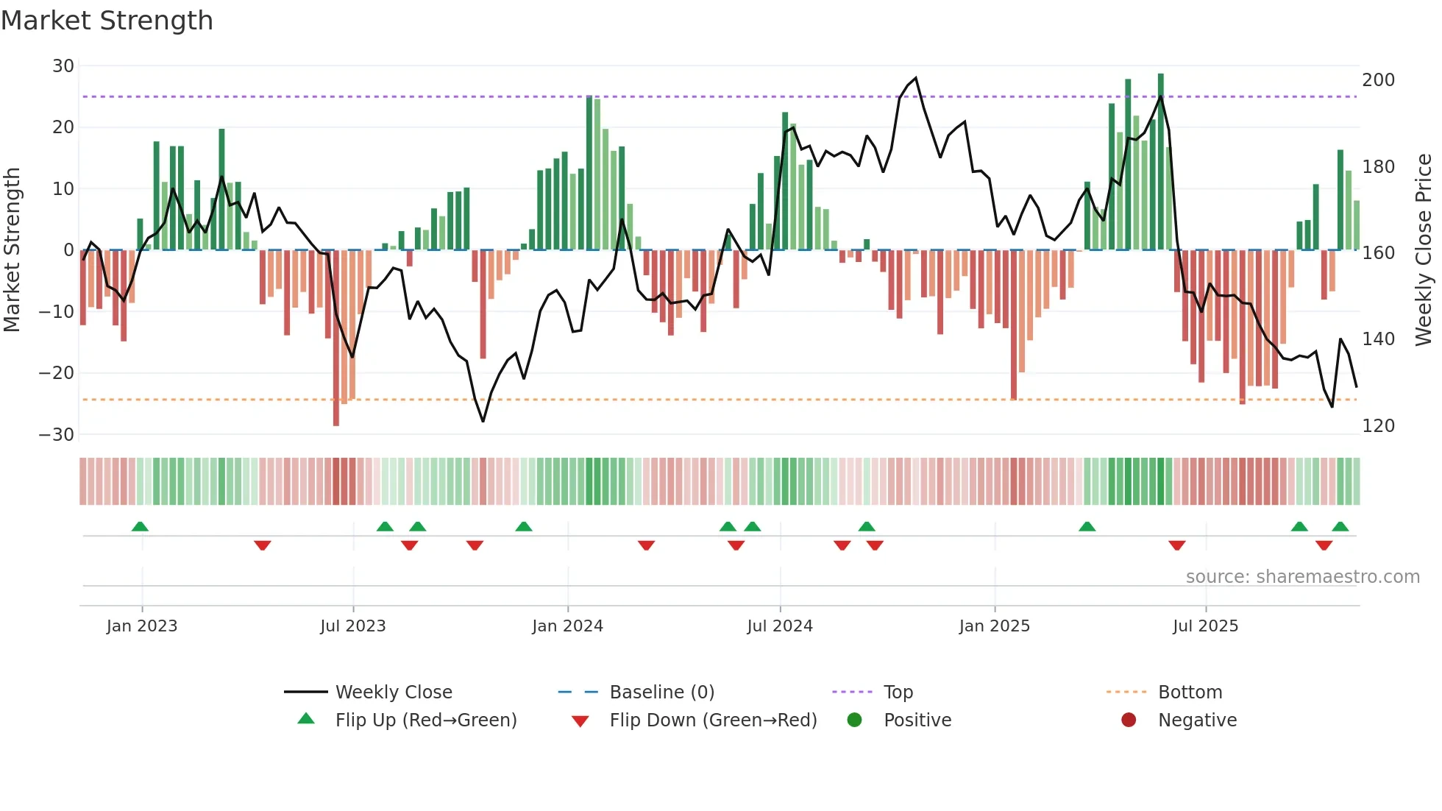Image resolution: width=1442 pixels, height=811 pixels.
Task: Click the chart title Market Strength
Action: click(x=107, y=21)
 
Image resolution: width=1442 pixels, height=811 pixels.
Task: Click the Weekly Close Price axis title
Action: click(x=1424, y=249)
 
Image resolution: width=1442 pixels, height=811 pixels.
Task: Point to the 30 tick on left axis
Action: click(x=63, y=66)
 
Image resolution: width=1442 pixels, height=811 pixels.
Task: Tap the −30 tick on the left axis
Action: click(x=57, y=434)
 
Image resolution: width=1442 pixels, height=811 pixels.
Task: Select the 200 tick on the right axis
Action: click(x=1378, y=79)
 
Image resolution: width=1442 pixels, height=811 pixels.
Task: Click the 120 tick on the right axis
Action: click(x=1378, y=425)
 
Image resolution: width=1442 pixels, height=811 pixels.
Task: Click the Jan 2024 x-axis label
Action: click(x=567, y=626)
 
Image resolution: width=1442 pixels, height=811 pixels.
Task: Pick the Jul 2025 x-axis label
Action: click(x=1205, y=626)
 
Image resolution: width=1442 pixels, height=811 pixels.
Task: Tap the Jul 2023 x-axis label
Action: click(x=352, y=626)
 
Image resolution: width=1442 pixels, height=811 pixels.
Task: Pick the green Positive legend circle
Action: click(x=854, y=720)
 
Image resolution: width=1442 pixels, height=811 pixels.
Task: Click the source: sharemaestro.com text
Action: click(x=1302, y=577)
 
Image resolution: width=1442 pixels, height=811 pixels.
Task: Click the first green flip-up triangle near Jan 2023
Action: click(x=140, y=526)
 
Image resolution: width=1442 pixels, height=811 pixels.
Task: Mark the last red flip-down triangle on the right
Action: click(x=1324, y=545)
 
